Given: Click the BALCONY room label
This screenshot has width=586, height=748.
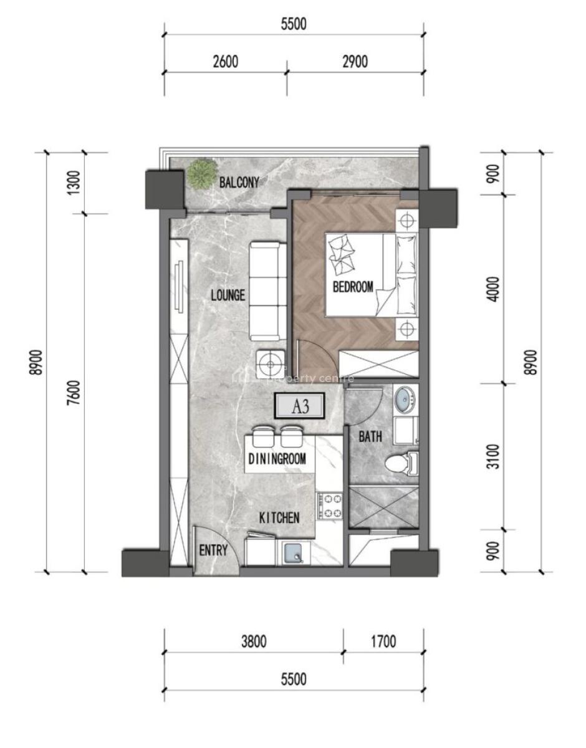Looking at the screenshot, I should pos(239,183).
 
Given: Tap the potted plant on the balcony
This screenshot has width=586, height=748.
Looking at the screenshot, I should pos(202,173).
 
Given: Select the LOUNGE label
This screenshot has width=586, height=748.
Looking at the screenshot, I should pos(228,295).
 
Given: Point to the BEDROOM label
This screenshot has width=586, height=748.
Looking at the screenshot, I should pos(353,287).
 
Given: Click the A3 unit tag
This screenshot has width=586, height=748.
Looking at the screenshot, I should pos(300,407).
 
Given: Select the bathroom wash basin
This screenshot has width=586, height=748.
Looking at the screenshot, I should pos(405,399).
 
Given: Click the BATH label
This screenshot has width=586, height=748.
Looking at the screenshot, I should pos(370,438).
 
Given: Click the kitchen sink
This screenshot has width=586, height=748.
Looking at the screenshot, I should pos(293,553).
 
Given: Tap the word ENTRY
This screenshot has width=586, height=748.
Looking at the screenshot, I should pos(213,550).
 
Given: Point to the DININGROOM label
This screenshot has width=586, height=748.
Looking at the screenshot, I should pos(277,459).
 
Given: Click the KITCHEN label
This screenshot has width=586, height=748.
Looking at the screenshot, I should pos(280,517).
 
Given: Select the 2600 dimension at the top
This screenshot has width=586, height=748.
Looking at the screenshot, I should pos(225,62).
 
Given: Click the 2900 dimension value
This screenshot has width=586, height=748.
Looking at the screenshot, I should pos(355,62).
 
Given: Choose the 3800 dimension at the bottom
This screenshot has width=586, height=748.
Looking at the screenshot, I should pos(254,641).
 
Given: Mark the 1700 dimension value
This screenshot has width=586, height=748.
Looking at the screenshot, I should pos(383,641).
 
